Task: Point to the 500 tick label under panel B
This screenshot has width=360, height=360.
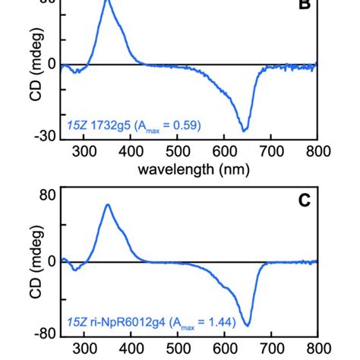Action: tap(178, 152)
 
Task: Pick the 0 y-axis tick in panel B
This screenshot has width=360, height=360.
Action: tap(51, 65)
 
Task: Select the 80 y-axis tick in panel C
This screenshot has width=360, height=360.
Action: tap(46, 194)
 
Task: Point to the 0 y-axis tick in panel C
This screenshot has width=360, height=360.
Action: tap(51, 262)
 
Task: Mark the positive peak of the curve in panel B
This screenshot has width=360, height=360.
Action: tap(107, 2)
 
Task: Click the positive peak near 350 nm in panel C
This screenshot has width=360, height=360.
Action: tap(108, 204)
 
